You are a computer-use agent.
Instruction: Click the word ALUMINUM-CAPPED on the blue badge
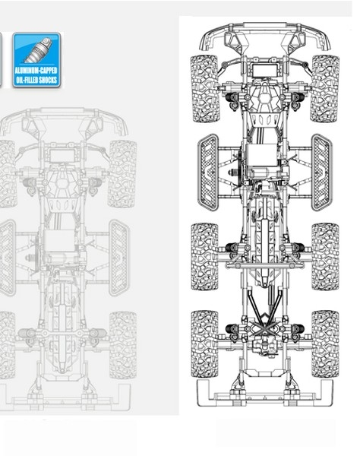coord(36,71)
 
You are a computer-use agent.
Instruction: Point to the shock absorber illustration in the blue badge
coord(39,49)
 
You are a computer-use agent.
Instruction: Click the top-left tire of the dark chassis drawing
coord(204,88)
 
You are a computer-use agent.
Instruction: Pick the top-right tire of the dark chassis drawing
coord(325,88)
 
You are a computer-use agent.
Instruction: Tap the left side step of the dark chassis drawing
coord(208,173)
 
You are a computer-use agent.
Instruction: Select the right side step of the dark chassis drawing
coord(322,173)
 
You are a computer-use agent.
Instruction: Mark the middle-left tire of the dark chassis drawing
coord(204,257)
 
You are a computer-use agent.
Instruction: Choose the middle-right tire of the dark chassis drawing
coord(325,257)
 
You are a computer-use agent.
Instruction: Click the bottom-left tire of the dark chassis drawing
coord(204,344)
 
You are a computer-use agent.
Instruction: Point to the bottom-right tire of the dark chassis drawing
coord(325,344)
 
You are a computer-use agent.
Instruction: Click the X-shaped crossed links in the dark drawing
coord(264,328)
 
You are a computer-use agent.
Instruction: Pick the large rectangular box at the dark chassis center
coord(261,155)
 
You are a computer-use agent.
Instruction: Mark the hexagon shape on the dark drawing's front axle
coord(265,98)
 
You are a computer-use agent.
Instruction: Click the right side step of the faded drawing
coord(119,258)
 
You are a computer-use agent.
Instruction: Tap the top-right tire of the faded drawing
coord(122,174)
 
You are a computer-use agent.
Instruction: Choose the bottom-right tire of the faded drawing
coord(123,345)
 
